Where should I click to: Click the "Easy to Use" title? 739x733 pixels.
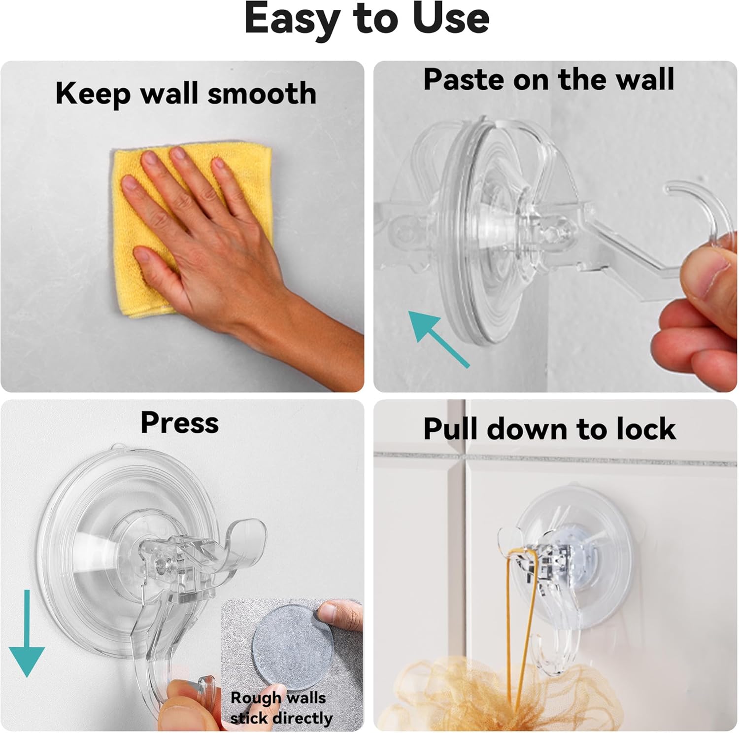367,19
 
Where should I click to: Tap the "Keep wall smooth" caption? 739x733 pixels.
186,94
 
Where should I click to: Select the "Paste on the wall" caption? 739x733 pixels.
548,79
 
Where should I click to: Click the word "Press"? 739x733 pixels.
179,423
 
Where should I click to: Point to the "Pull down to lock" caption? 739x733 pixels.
549,428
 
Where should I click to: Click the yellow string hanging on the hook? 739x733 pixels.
517,621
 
